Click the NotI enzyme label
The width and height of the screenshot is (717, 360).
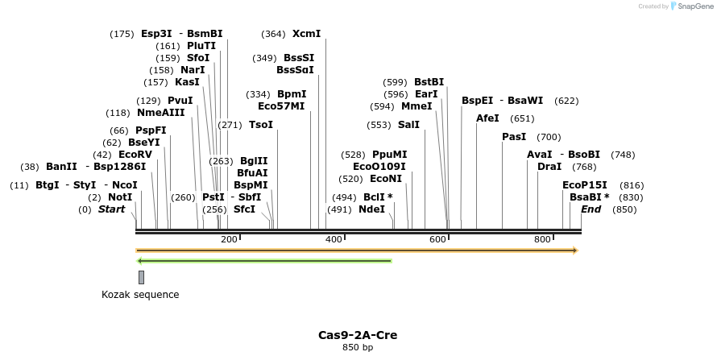(120, 197)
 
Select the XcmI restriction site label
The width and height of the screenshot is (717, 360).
(306, 34)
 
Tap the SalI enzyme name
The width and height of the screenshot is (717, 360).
(408, 125)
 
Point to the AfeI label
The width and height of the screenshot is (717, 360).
(488, 118)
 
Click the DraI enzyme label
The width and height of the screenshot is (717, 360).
(549, 167)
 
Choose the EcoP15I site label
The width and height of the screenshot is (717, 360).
(585, 185)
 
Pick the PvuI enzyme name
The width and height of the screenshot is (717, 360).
(180, 101)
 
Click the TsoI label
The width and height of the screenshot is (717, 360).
(261, 125)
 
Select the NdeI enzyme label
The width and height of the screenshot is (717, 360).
(371, 209)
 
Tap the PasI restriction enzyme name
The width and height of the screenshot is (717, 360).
(514, 137)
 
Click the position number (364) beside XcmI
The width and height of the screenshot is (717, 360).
(273, 34)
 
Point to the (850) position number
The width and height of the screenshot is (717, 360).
(624, 209)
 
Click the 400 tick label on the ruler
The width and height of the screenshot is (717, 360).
(333, 240)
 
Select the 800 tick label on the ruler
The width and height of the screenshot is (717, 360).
(542, 240)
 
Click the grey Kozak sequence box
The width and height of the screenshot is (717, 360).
(142, 277)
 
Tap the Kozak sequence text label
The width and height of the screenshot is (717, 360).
(140, 295)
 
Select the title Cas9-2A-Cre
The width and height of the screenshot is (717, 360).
(358, 335)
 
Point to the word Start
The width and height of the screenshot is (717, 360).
(111, 209)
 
